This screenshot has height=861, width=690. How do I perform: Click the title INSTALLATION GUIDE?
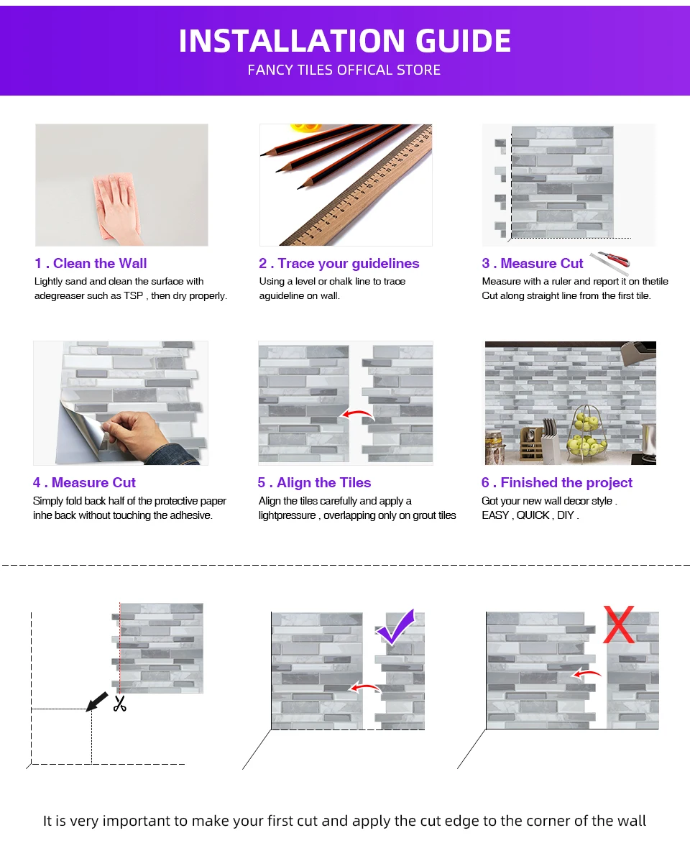345,41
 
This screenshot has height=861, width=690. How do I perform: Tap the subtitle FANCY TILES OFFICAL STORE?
344,70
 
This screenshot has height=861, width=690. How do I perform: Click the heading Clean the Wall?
100,264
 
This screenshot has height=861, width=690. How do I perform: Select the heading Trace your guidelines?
349,264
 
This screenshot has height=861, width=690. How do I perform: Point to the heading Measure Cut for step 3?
542,264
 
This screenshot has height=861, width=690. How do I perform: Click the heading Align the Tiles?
324,483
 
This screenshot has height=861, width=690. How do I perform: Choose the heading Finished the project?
566,483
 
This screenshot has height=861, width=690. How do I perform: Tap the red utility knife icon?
609,262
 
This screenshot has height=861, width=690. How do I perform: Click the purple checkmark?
397,627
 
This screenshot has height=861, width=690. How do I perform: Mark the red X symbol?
619,625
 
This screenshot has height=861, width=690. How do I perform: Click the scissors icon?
120,704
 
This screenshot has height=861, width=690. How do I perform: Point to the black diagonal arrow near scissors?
97,701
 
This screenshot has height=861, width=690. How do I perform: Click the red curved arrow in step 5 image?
358,413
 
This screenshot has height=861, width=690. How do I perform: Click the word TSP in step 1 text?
134,295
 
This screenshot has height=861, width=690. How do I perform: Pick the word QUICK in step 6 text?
533,515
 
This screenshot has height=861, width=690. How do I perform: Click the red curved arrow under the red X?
586,673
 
